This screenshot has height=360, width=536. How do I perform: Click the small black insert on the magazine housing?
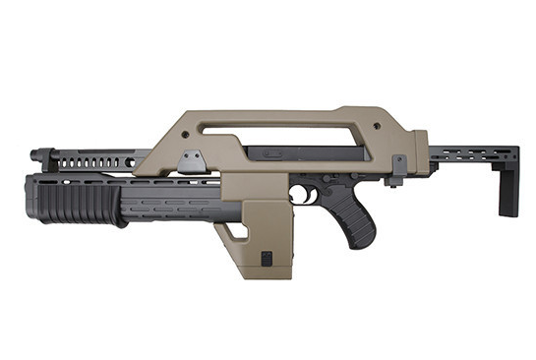click(x=267, y=258)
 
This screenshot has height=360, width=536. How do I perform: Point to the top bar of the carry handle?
click(x=295, y=111)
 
